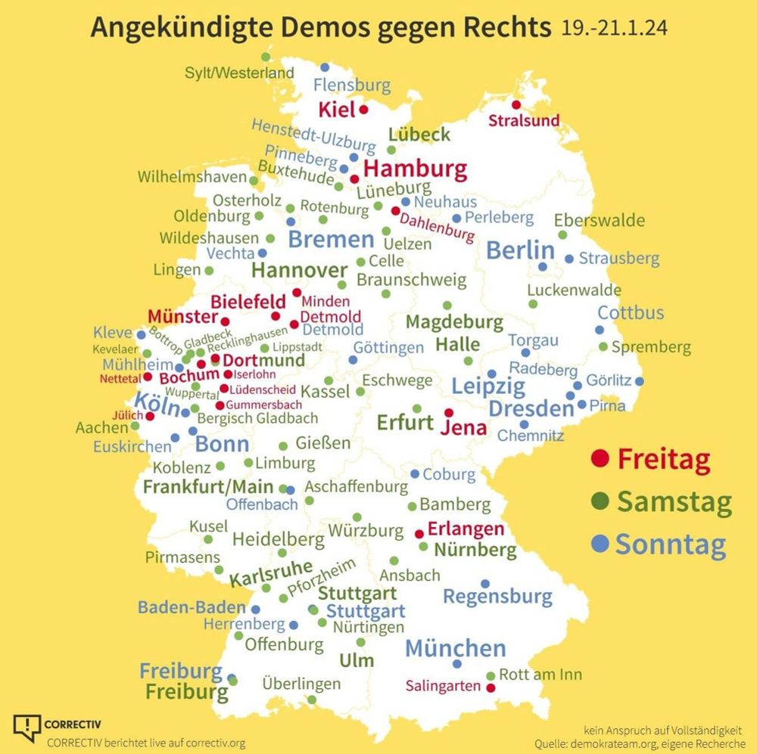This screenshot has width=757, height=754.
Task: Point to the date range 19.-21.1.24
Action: pos(615,28)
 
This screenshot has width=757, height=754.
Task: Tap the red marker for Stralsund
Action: pos(516,105)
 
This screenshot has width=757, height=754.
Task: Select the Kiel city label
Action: pos(337,110)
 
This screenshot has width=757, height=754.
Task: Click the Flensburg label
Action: pos(352,85)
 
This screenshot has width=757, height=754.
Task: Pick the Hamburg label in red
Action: pos(415,168)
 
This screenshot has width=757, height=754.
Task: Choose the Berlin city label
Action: pos(521,250)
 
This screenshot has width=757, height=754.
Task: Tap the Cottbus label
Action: pos(631,312)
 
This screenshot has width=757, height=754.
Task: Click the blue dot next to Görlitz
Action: pos(640,381)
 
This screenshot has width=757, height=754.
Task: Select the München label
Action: pos(456,648)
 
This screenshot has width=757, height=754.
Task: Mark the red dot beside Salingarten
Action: pos(490,688)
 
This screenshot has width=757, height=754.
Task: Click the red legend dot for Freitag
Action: pos(600,458)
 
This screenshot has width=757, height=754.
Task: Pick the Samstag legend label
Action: pos(674,501)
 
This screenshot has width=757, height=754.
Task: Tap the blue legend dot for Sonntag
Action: pos(600,543)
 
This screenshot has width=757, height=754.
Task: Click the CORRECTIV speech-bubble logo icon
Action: pos(27,728)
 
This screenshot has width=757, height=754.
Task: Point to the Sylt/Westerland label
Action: pos(239,73)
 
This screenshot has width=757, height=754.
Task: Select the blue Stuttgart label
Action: pos(366,611)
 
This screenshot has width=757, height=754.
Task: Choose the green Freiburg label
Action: pos(186,691)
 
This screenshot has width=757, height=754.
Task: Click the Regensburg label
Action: pos(497,597)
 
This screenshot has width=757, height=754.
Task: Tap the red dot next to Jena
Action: pos(449,413)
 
